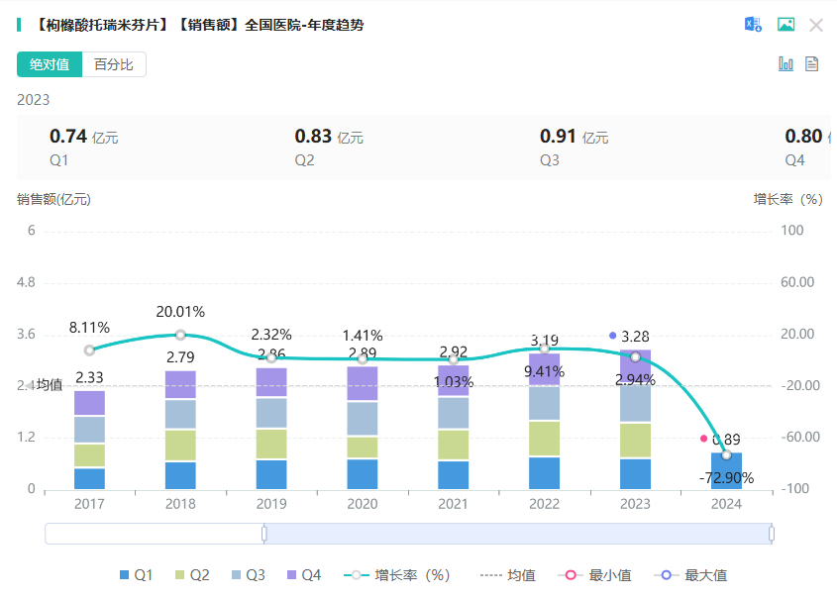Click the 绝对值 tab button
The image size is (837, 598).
pyautogui.click(x=49, y=64)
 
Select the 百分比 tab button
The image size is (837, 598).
pyautogui.click(x=114, y=64)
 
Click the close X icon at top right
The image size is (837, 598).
pyautogui.click(x=816, y=25)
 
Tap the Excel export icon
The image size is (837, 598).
pyautogui.click(x=754, y=25)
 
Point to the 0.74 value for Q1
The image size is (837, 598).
pyautogui.click(x=68, y=137)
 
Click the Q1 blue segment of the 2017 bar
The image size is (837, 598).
pyautogui.click(x=89, y=478)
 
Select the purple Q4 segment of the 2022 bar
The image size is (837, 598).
pyautogui.click(x=544, y=369)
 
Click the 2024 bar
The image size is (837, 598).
pyautogui.click(x=726, y=471)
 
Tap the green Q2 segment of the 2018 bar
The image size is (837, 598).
pyautogui.click(x=180, y=446)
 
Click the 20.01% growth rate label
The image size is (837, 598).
pyautogui.click(x=180, y=312)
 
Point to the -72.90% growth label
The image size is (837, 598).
pyautogui.click(x=726, y=478)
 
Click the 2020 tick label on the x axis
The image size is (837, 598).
pyautogui.click(x=363, y=504)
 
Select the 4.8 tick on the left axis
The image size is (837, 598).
pyautogui.click(x=26, y=282)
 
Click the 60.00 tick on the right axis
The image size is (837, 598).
pyautogui.click(x=797, y=282)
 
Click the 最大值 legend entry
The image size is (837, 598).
pyautogui.click(x=694, y=575)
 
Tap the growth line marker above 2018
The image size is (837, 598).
pyautogui.click(x=180, y=335)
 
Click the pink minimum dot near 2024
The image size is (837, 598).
pyautogui.click(x=704, y=438)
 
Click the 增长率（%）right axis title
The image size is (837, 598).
pyautogui.click(x=788, y=199)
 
